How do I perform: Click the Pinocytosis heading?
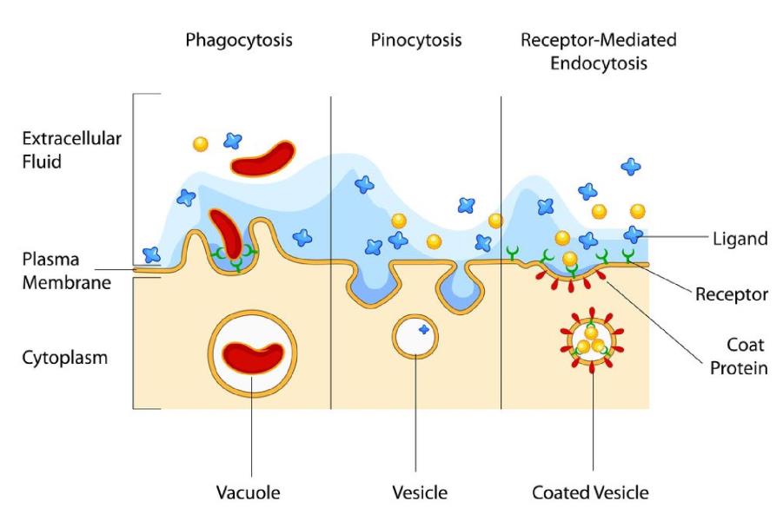[416, 41]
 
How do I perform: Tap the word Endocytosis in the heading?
[599, 63]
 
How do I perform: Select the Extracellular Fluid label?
[59, 150]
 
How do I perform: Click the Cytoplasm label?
[59, 357]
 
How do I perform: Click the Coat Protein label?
[738, 356]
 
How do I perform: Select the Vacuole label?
[248, 493]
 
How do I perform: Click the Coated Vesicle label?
[590, 493]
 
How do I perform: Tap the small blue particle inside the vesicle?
[424, 329]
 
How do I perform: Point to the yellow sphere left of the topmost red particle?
[201, 143]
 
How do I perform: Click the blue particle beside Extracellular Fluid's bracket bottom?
[152, 254]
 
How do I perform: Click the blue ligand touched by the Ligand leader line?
[634, 234]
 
